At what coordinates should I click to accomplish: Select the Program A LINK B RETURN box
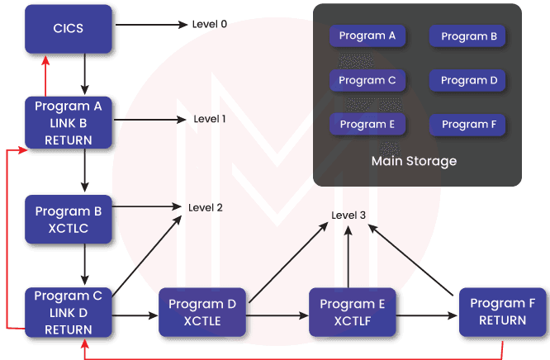point(69,123)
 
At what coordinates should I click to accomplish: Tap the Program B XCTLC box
point(69,219)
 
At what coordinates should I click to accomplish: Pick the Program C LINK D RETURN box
point(69,312)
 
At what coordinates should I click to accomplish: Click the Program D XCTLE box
point(202,313)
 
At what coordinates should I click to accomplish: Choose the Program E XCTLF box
point(353,313)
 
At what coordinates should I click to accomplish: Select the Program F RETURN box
point(501,311)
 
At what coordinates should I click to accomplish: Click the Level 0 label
point(209,24)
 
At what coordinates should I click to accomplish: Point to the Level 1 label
point(209,120)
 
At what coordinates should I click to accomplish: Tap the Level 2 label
point(206,207)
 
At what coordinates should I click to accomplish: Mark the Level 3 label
point(348,216)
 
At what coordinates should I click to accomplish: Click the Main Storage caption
point(414,161)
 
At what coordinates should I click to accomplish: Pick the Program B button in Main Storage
point(468,36)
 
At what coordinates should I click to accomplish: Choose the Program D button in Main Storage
point(468,81)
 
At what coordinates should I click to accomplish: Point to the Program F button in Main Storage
point(468,125)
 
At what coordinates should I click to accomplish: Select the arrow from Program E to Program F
point(427,315)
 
